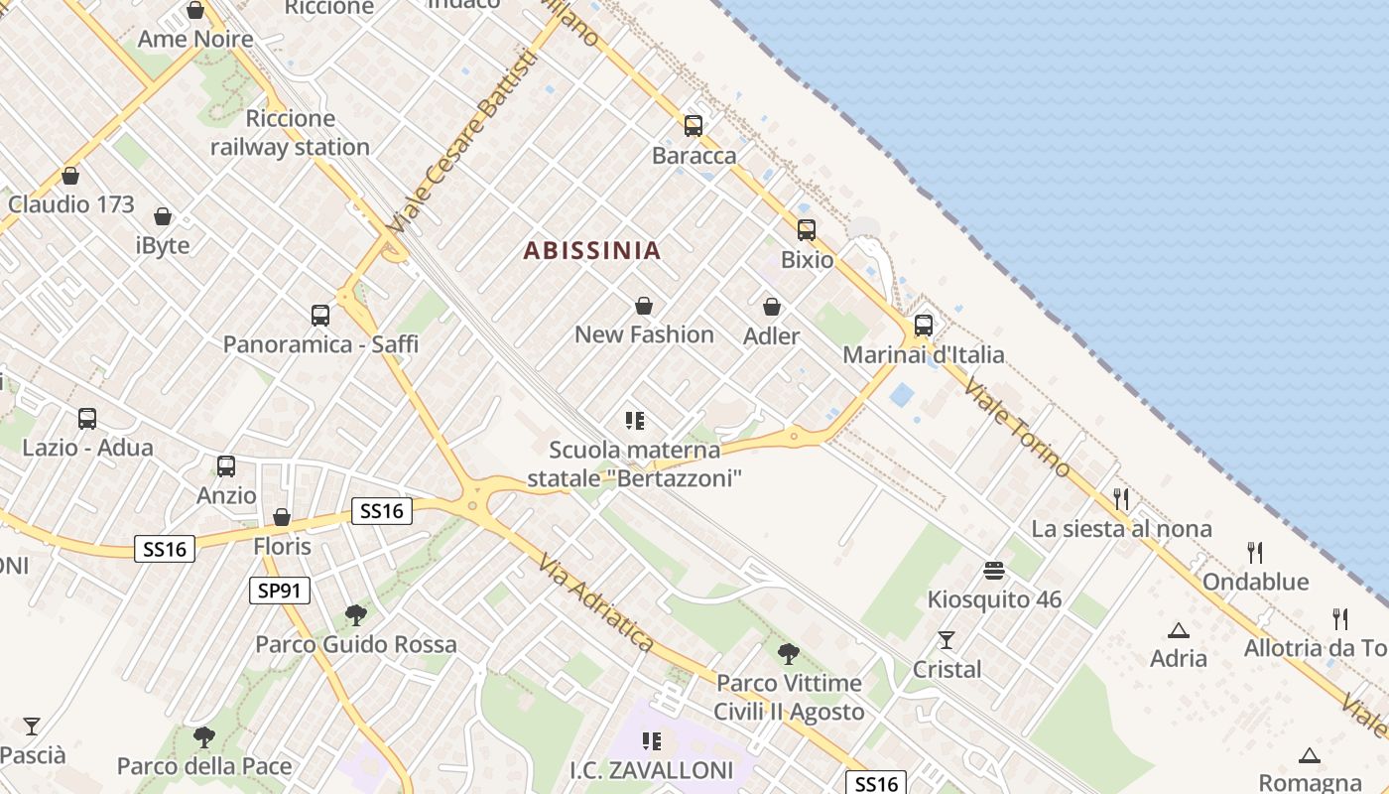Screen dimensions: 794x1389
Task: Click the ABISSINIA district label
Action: pyautogui.click(x=591, y=250)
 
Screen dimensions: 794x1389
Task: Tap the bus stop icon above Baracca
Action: pyautogui.click(x=694, y=126)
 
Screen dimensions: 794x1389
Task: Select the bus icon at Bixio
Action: pyautogui.click(x=807, y=230)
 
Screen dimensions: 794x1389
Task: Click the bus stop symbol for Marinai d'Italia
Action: pyautogui.click(x=924, y=325)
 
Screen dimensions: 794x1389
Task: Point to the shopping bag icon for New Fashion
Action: pyautogui.click(x=644, y=305)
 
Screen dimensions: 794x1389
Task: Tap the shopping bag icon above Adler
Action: pyautogui.click(x=772, y=307)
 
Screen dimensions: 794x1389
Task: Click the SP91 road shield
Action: pyautogui.click(x=279, y=591)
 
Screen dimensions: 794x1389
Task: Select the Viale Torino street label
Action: pyautogui.click(x=1017, y=429)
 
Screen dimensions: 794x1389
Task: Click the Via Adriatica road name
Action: pyautogui.click(x=596, y=603)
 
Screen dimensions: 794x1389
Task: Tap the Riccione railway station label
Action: pyautogui.click(x=290, y=133)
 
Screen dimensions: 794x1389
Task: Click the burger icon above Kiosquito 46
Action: pyautogui.click(x=994, y=571)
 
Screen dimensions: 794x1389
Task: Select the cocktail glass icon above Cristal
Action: pyautogui.click(x=947, y=640)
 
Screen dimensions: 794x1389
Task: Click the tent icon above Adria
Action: pyautogui.click(x=1179, y=629)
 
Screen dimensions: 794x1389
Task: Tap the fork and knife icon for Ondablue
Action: pyautogui.click(x=1255, y=552)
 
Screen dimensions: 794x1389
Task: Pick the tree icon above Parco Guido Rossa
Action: pyautogui.click(x=356, y=615)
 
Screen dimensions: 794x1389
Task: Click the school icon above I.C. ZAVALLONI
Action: pyautogui.click(x=652, y=740)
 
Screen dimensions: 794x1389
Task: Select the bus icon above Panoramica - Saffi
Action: pyautogui.click(x=320, y=316)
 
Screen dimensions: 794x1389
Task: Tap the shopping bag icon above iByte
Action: pyautogui.click(x=163, y=215)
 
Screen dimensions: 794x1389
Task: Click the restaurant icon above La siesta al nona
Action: pyautogui.click(x=1121, y=498)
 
